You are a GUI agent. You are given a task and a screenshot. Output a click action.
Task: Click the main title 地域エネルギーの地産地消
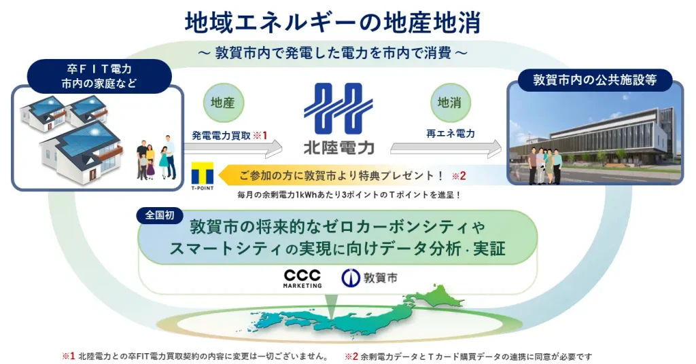332,22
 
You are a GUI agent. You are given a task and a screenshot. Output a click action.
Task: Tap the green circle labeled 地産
223,103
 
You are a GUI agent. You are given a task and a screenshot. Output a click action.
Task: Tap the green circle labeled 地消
450,103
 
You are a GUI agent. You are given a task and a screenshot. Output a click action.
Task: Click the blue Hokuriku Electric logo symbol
338,108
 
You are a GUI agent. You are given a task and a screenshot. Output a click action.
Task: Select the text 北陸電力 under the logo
338,147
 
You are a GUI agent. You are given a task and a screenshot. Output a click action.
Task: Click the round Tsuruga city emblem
350,278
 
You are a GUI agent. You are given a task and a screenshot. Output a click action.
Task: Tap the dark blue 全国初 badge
160,215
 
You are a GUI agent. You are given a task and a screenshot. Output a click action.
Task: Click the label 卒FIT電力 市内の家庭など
99,76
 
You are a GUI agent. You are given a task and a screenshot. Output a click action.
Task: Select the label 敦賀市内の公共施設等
595,80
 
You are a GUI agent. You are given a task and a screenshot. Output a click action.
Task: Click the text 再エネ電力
451,134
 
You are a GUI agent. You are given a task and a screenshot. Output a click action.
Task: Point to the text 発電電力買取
221,136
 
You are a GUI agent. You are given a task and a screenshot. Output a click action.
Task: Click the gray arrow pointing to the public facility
446,149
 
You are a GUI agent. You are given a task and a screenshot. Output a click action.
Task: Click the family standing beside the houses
156,158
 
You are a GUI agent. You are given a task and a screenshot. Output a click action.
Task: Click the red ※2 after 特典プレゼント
459,176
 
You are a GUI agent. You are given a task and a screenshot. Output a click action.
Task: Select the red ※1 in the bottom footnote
69,356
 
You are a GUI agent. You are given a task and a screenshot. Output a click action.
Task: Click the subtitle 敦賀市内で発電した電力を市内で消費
333,53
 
